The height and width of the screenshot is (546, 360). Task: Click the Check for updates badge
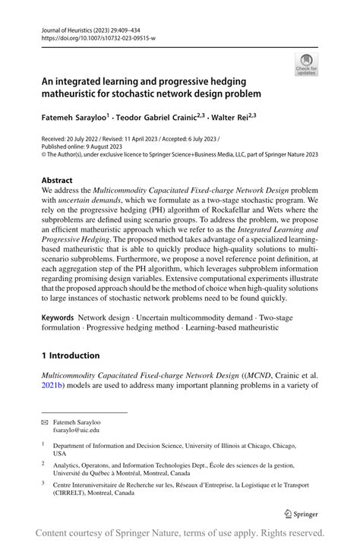point(306,65)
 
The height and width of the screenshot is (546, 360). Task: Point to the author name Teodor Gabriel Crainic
point(166,118)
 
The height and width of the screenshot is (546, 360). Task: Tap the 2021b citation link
point(55,386)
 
